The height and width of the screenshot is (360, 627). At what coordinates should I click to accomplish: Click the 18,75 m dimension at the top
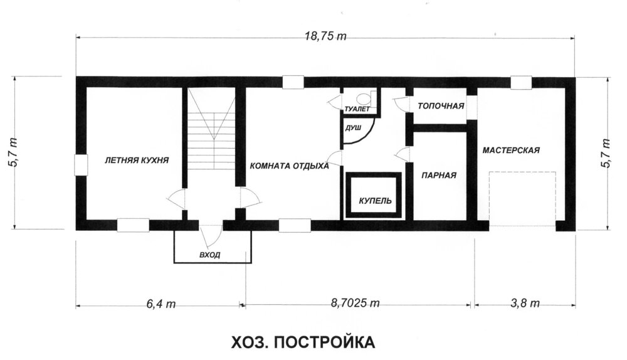coord(325,36)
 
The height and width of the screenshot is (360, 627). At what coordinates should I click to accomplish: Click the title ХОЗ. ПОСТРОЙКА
coord(303,342)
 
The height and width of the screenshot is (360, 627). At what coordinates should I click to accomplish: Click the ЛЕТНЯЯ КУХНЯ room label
coord(136,160)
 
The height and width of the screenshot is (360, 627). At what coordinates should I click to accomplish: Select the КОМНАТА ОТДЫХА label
coord(289,166)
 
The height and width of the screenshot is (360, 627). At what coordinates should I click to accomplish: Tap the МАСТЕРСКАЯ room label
coord(511,151)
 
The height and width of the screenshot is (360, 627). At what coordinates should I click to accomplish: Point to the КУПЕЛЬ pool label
coord(375,201)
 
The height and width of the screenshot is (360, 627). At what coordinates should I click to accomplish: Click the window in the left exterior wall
coord(81,164)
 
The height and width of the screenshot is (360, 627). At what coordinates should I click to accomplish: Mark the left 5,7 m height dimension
coord(13,152)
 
